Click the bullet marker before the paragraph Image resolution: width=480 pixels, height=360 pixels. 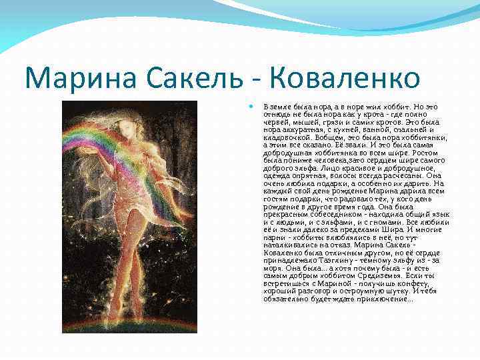(249, 106)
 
